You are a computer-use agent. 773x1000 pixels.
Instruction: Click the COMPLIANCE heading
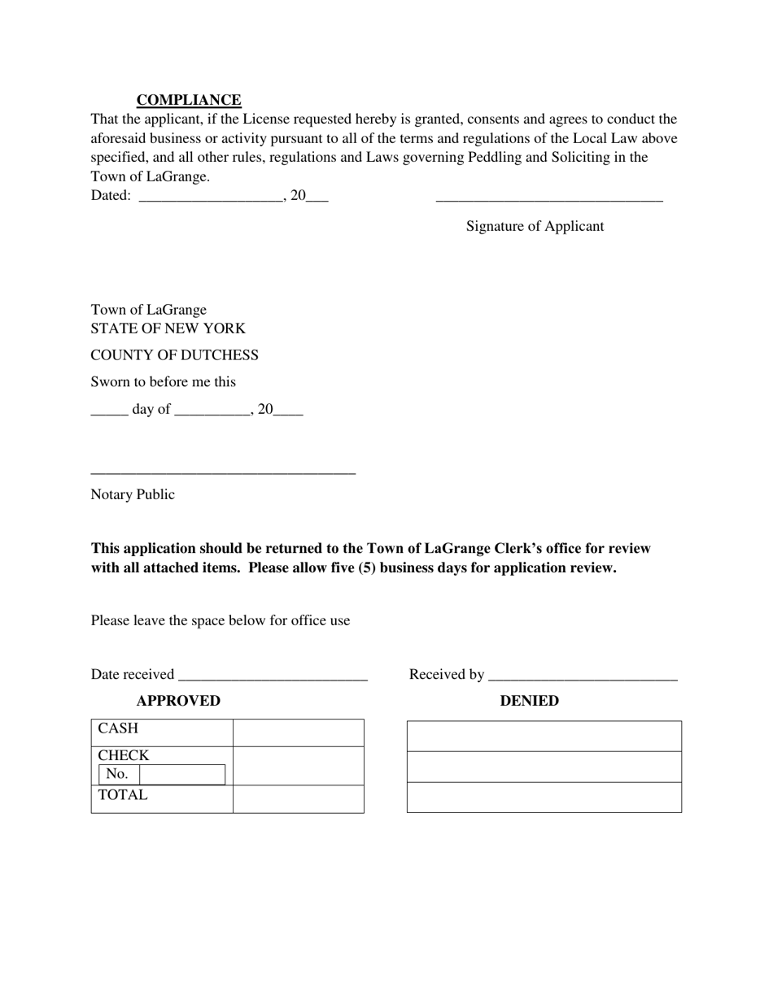click(x=189, y=100)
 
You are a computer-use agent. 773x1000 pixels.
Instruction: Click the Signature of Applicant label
click(x=535, y=226)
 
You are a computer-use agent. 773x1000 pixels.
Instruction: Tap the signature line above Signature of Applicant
click(x=549, y=199)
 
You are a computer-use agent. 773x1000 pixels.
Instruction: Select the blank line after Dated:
click(x=211, y=198)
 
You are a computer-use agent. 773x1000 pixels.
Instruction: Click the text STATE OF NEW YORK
click(x=168, y=328)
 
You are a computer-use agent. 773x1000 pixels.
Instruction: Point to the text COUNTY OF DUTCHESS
click(x=174, y=355)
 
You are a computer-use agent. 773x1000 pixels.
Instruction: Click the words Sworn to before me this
click(x=163, y=381)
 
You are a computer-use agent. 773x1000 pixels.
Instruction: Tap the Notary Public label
click(x=133, y=494)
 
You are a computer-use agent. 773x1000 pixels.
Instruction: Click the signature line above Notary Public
click(x=223, y=472)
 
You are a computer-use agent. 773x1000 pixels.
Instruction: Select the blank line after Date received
click(x=273, y=677)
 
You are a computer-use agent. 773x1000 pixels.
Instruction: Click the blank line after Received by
click(x=583, y=677)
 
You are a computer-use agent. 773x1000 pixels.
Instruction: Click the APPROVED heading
click(x=178, y=701)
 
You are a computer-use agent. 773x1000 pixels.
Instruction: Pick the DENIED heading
click(x=529, y=701)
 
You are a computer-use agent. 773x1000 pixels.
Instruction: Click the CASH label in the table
click(x=119, y=728)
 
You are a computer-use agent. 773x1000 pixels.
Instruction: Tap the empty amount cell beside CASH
click(x=298, y=733)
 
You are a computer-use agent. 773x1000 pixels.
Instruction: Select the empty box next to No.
click(x=182, y=775)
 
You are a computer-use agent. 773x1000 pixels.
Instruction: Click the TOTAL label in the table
click(x=123, y=795)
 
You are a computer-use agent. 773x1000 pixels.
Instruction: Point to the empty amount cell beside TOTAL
click(x=298, y=798)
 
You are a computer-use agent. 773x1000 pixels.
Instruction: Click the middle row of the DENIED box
click(x=544, y=767)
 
